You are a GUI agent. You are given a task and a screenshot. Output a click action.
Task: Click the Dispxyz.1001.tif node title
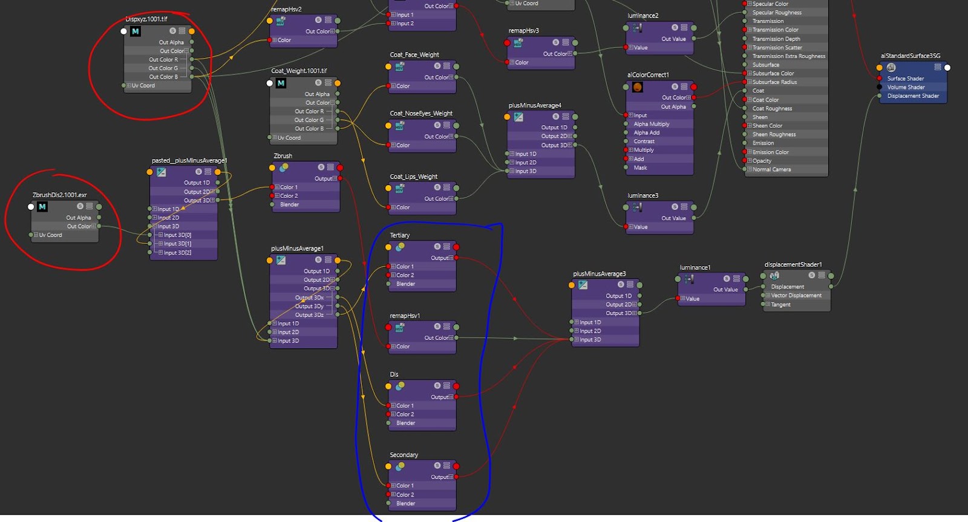pos(146,19)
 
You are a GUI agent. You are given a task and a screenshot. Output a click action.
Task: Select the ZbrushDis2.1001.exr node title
pos(59,195)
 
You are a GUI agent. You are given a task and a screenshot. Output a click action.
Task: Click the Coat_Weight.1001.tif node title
pos(299,71)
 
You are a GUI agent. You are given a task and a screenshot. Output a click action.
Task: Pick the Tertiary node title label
pos(399,235)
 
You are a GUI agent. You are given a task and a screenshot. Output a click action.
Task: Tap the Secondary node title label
pos(404,455)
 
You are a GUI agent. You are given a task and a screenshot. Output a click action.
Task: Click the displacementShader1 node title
pos(793,264)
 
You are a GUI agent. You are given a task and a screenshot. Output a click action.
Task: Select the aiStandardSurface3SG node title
pos(910,56)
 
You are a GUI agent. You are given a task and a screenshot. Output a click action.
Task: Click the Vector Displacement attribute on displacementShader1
pos(796,296)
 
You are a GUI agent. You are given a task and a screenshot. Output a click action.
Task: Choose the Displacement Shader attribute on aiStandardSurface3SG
pos(912,96)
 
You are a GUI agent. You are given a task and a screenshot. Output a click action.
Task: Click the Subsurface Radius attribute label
pos(774,82)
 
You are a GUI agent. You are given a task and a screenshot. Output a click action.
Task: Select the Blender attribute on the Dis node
pos(405,423)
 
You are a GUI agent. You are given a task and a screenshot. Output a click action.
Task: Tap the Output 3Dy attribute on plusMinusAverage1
pos(309,306)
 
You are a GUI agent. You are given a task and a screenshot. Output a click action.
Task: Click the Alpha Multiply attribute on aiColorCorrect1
pos(651,124)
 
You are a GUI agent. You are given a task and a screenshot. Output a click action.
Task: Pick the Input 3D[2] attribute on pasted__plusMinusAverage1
pos(177,253)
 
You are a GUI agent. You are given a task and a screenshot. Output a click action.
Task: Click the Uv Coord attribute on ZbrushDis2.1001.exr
pos(50,235)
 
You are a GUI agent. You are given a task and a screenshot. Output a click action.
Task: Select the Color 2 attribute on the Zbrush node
pos(288,196)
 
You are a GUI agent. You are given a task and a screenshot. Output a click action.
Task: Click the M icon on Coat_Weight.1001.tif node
pos(281,83)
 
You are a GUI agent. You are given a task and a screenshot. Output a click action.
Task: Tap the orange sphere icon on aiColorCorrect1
pos(638,87)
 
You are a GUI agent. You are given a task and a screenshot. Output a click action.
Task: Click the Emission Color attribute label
pos(770,152)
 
